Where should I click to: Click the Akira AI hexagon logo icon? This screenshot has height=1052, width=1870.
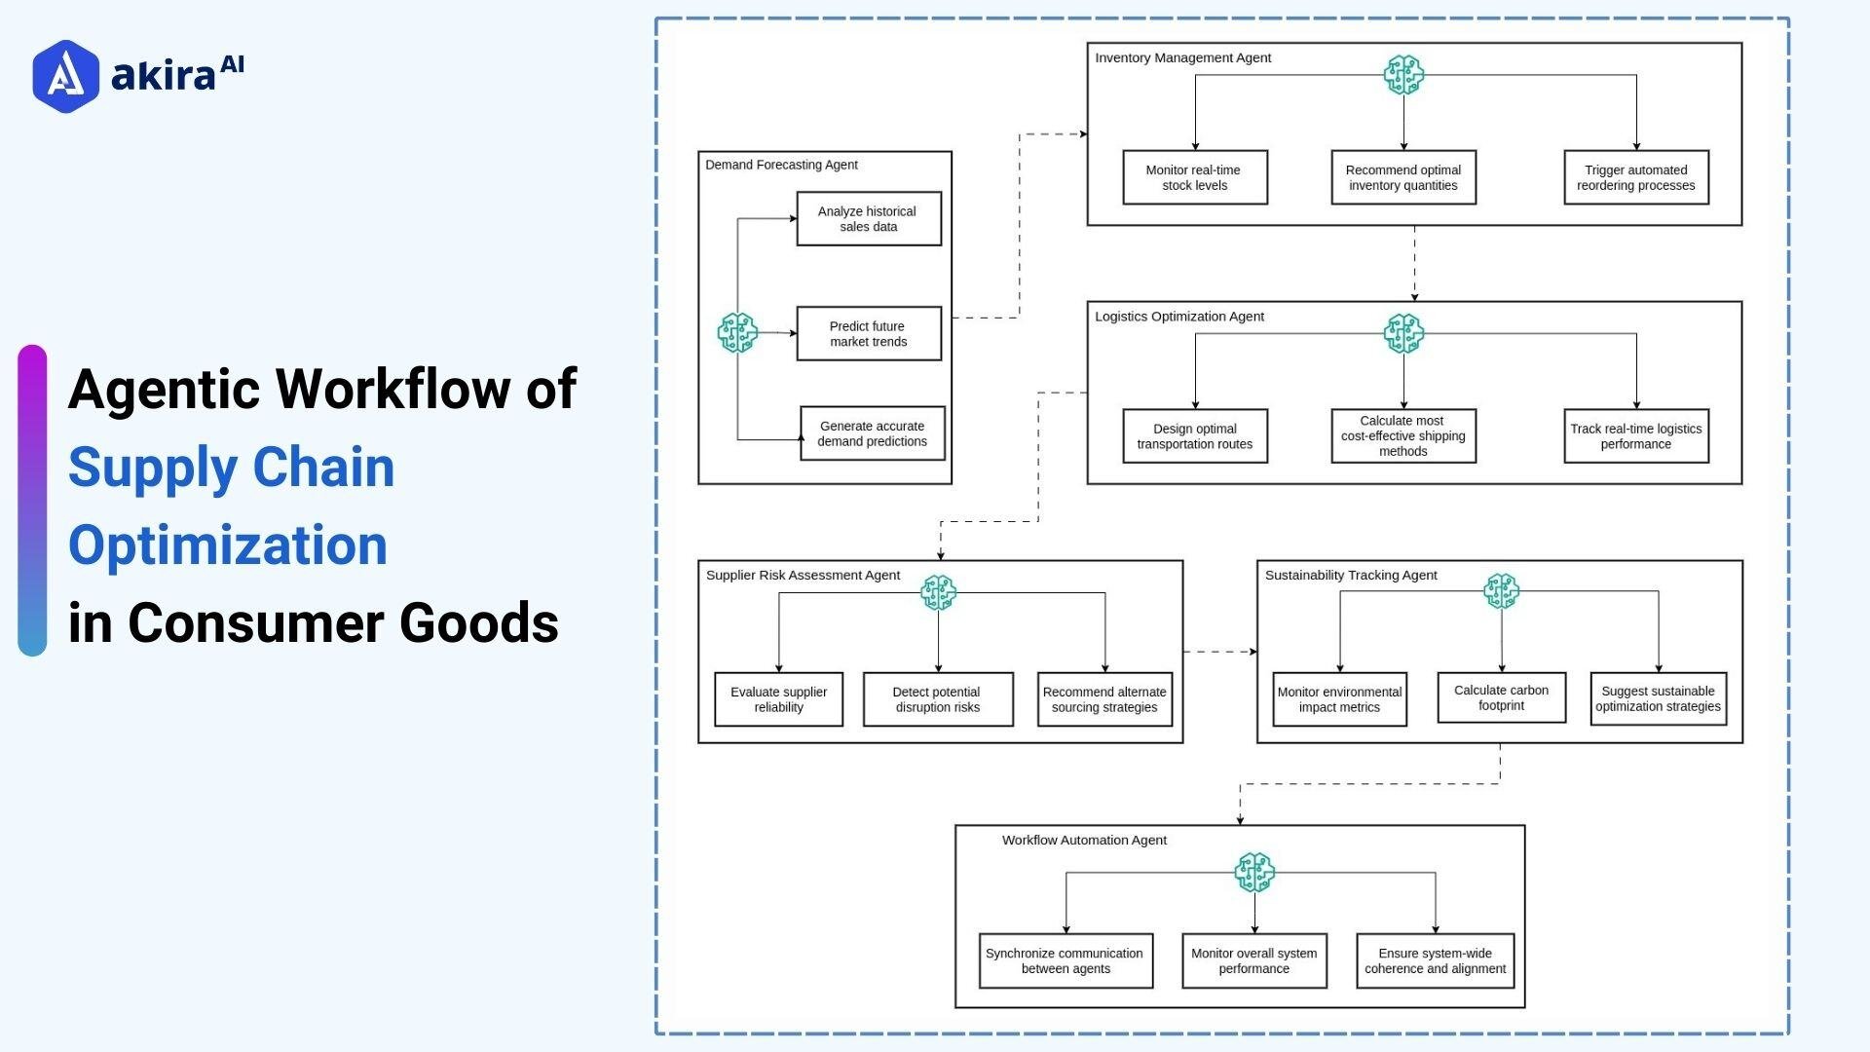click(x=65, y=76)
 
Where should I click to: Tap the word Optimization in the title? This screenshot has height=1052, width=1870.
click(x=228, y=545)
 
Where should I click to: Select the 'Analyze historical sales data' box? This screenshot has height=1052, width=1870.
click(x=868, y=219)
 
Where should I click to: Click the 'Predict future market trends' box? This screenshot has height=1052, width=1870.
click(x=868, y=334)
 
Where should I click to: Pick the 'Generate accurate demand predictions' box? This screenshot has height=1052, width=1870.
click(x=872, y=433)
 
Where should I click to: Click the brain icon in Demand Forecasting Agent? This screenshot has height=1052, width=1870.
click(x=737, y=333)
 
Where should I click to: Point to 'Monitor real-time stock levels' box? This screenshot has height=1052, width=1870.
click(x=1194, y=177)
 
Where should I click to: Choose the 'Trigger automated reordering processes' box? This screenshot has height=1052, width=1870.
click(x=1635, y=177)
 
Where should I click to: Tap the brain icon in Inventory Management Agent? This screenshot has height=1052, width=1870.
click(x=1403, y=75)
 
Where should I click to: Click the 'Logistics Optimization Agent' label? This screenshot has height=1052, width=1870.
click(x=1178, y=317)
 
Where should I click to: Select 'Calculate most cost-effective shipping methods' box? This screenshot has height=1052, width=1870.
click(x=1402, y=436)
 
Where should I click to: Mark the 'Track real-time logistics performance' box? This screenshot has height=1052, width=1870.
click(x=1635, y=436)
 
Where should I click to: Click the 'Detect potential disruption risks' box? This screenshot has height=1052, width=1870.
click(x=937, y=699)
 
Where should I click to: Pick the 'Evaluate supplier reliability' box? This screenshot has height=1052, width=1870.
click(x=778, y=699)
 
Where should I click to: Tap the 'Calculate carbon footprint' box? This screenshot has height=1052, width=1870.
click(x=1501, y=697)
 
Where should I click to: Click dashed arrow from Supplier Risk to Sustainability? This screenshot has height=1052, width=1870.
click(x=1219, y=652)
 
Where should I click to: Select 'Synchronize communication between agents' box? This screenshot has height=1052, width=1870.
click(x=1065, y=960)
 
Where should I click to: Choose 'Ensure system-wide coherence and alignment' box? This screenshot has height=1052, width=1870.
click(x=1435, y=960)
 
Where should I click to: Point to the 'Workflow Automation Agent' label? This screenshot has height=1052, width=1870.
click(x=1083, y=840)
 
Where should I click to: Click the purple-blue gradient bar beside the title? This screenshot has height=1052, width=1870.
click(x=32, y=500)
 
